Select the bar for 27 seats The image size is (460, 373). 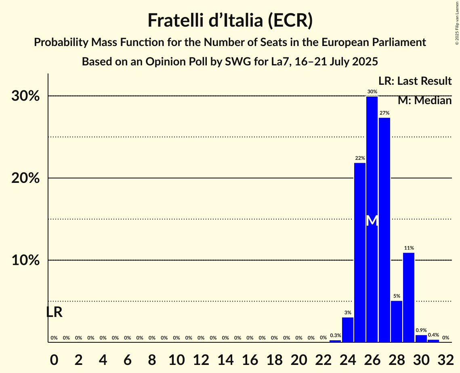384,230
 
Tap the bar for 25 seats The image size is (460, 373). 360,252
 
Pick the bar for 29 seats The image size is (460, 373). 409,298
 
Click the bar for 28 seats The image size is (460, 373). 397,321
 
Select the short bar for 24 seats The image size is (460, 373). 348,330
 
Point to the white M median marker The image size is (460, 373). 372,221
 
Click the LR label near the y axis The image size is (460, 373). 54,312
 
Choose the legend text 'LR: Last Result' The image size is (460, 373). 415,81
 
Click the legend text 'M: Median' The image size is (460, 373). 424,101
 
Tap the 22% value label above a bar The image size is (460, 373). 360,158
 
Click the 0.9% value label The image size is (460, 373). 421,330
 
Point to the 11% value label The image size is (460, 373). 409,248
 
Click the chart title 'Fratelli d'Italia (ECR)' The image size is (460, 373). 230,20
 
